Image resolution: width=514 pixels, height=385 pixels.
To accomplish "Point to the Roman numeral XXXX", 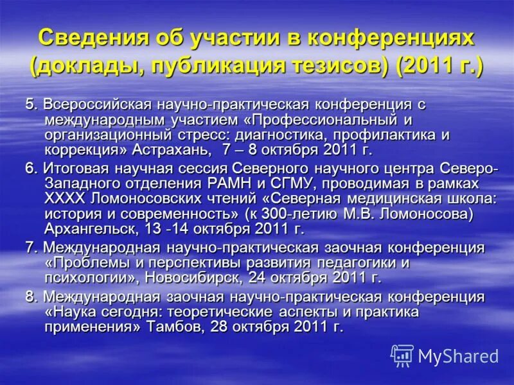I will [64, 200].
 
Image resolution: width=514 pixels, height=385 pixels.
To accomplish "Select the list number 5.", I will [30, 104].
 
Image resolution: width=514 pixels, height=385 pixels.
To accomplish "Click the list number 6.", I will [30, 169].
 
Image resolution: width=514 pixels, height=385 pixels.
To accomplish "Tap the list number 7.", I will [30, 248].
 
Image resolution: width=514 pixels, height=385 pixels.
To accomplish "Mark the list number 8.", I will [30, 296].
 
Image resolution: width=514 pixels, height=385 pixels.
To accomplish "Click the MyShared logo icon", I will [402, 355].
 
